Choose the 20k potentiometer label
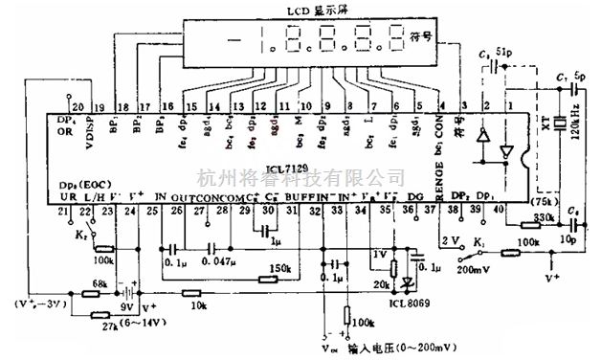[380, 285]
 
